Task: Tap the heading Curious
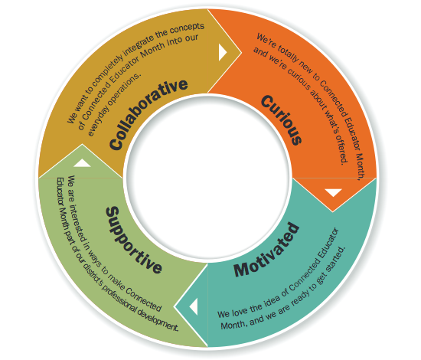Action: pos(280,119)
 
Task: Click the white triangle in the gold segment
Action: pos(223,52)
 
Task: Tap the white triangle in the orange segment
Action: pos(333,193)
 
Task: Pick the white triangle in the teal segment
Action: pos(194,306)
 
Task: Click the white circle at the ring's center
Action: pos(207,181)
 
